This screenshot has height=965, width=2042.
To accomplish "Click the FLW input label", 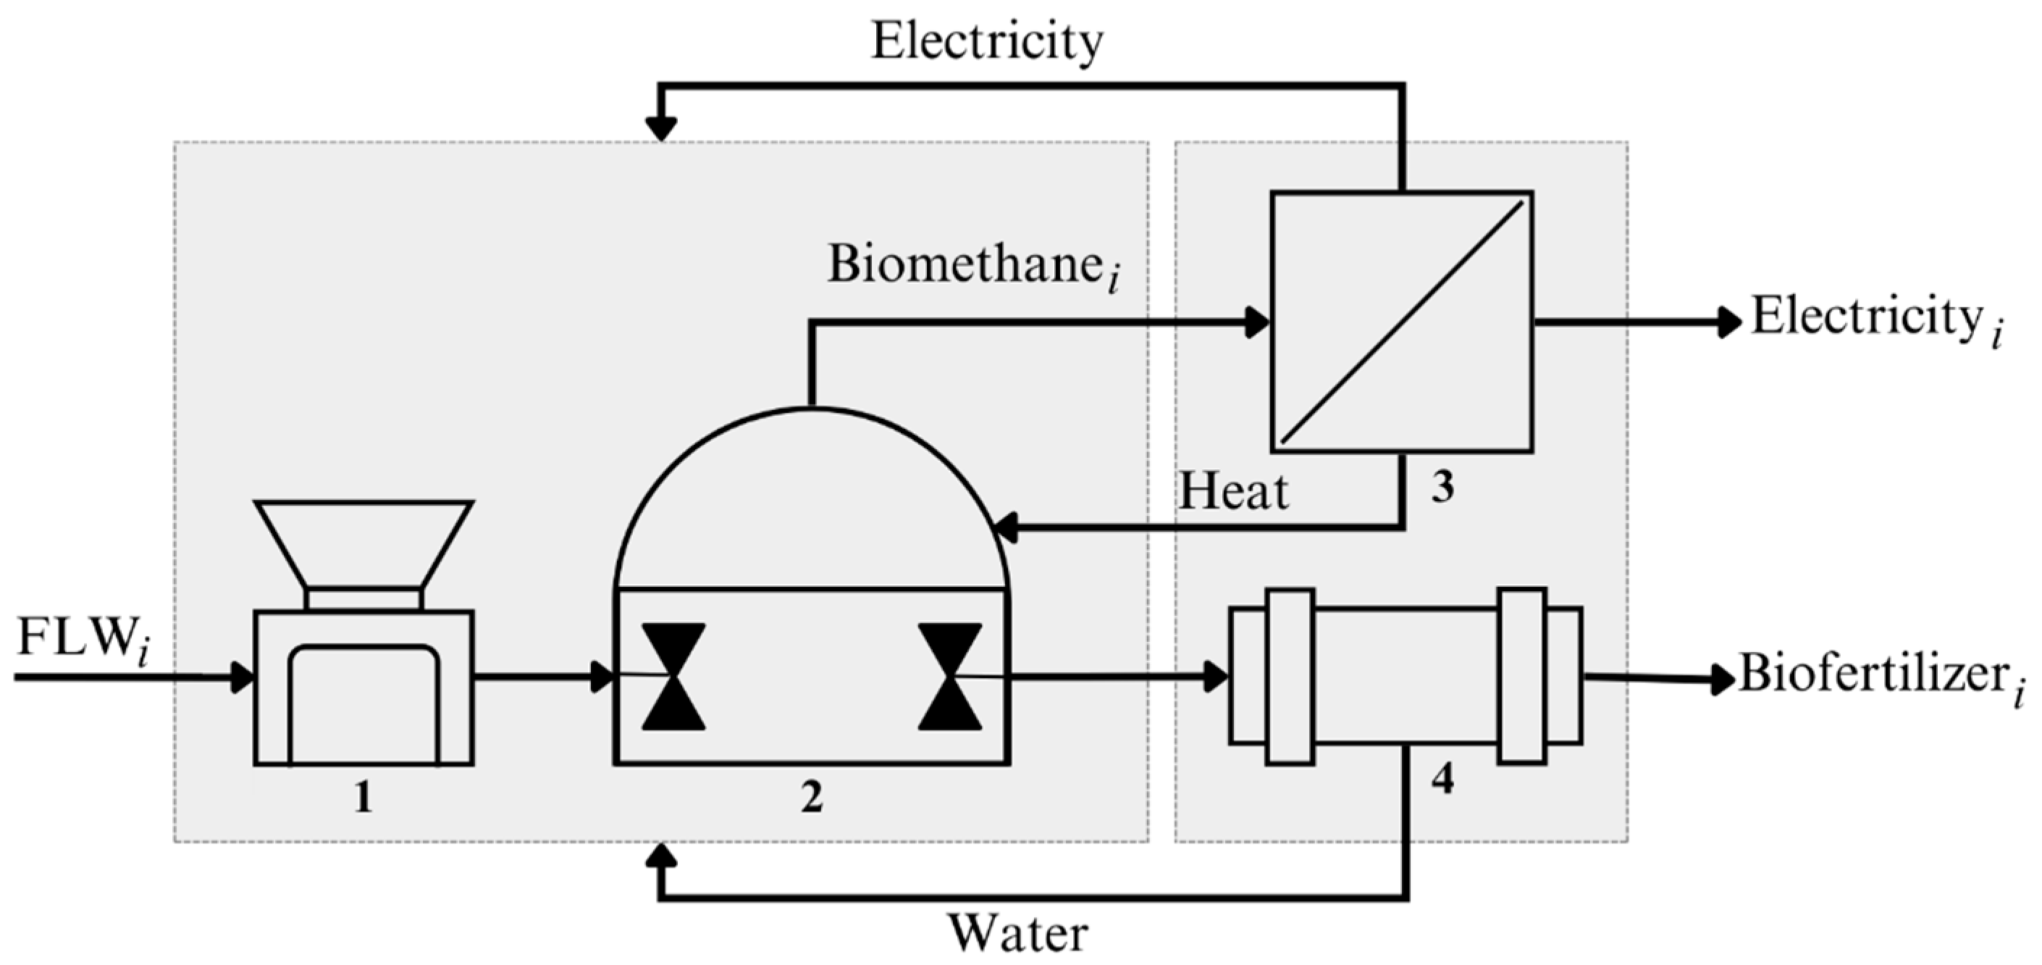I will click(x=79, y=639).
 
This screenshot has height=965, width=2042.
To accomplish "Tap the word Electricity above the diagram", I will click(x=986, y=41).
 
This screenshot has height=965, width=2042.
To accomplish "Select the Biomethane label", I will click(x=971, y=266).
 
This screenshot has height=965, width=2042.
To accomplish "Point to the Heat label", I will click(x=1232, y=492).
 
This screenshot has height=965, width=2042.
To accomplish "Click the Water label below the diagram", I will click(x=1018, y=934).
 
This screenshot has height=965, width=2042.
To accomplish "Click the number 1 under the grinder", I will click(x=363, y=797).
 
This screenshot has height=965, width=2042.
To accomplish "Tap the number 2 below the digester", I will click(x=811, y=798).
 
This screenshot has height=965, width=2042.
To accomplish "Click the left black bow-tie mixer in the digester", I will click(x=673, y=677).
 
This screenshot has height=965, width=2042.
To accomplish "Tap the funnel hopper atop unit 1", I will click(x=363, y=543).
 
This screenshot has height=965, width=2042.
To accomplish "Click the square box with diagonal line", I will click(x=1401, y=322).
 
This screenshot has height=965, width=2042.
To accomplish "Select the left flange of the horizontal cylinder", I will click(x=1290, y=677).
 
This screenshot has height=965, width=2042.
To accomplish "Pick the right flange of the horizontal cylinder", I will click(x=1521, y=677).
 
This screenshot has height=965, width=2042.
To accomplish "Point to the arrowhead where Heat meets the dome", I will click(x=1005, y=527).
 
